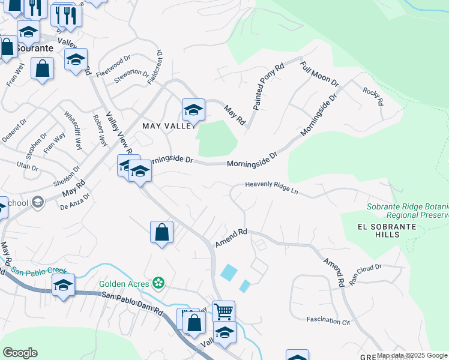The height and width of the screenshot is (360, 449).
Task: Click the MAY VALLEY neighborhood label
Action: point(169,126)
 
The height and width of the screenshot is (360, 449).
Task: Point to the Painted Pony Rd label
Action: point(267,87)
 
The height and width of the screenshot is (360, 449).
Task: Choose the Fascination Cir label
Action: point(328,321)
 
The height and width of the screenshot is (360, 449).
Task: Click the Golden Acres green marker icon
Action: point(158,282)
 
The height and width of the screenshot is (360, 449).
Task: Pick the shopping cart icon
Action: point(223,310)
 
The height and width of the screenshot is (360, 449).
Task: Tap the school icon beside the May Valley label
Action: point(193,109)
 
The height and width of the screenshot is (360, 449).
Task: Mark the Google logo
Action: point(20,353)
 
